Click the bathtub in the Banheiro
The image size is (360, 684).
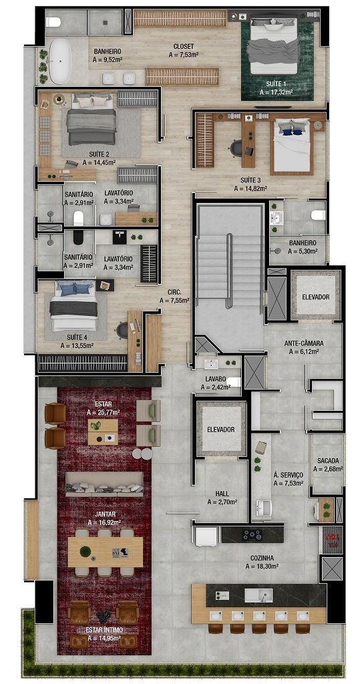(60, 61)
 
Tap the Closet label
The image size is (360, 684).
(183, 46)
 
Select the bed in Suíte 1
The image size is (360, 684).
(273, 45)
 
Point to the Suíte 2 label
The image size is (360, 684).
(99, 154)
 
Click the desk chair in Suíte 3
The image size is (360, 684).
(236, 148)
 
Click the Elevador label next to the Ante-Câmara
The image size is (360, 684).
(315, 297)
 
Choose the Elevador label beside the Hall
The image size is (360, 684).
(221, 430)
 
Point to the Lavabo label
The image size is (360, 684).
(215, 379)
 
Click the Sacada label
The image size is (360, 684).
(328, 461)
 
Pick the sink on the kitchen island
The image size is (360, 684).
(258, 595)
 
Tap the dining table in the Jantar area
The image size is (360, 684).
(105, 552)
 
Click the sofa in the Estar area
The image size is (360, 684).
(104, 484)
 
